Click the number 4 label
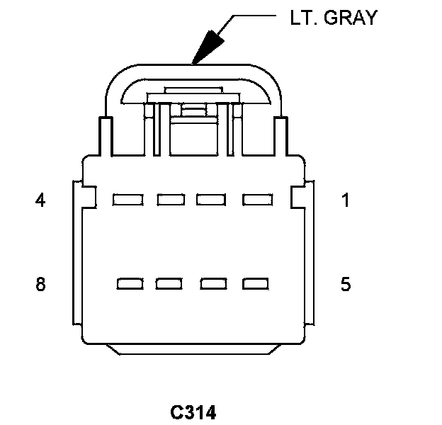point(40,201)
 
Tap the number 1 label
point(346,201)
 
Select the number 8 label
point(40,285)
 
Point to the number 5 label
point(346,285)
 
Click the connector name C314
point(193,412)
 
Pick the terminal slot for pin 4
point(128,200)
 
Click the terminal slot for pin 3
point(171,200)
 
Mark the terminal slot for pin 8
point(129,285)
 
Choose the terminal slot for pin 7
point(169,285)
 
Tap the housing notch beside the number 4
point(88,195)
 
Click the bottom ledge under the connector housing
point(193,348)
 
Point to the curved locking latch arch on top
point(193,72)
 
